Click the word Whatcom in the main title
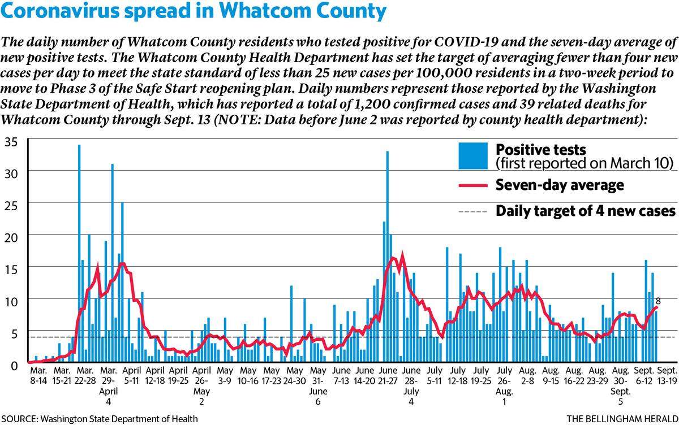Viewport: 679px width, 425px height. coord(264,11)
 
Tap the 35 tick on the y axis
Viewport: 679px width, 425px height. coord(11,142)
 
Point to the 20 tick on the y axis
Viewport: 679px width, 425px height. coord(11,238)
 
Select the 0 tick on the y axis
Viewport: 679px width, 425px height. coord(14,366)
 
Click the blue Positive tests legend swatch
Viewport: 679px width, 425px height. coord(473,155)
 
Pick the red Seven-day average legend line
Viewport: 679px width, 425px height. coord(473,185)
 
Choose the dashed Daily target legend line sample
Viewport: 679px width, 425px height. coord(473,211)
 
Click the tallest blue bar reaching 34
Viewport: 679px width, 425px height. coord(79,253)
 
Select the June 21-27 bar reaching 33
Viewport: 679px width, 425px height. coord(388,257)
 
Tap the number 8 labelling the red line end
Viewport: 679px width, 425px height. coord(657,301)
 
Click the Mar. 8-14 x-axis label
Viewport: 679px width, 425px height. coord(38,375)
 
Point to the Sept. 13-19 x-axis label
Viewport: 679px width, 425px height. coord(667,375)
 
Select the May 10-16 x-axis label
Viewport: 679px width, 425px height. coord(248,375)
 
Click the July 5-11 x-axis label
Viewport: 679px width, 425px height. coord(435,375)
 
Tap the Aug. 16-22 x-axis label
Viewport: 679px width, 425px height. coord(574,375)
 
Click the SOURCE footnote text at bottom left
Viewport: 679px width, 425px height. coord(100,419)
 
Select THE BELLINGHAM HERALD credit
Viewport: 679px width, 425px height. coord(622,419)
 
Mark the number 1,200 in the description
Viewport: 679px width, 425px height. coord(372,105)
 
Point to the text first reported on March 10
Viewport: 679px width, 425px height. coord(585,164)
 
